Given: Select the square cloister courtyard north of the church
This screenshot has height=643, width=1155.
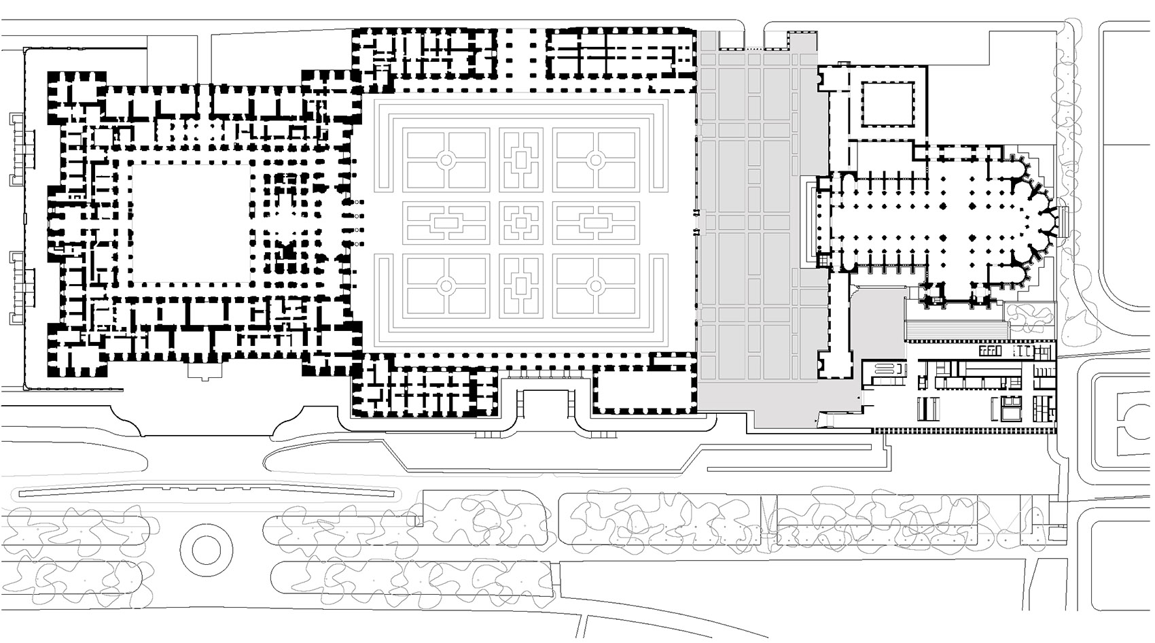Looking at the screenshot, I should pos(888,103).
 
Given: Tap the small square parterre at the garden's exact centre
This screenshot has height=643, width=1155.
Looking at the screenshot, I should pos(520,222).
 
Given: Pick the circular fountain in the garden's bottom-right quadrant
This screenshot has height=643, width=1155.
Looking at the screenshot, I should pos(595,287).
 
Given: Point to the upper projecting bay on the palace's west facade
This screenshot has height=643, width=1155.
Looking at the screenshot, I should pos(20,150).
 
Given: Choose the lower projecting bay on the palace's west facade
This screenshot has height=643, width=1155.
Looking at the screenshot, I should pos(20,285).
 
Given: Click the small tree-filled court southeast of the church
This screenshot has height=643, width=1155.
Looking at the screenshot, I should pos(1029,313).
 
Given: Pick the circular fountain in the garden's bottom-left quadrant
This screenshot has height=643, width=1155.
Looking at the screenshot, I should pos(446,287).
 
